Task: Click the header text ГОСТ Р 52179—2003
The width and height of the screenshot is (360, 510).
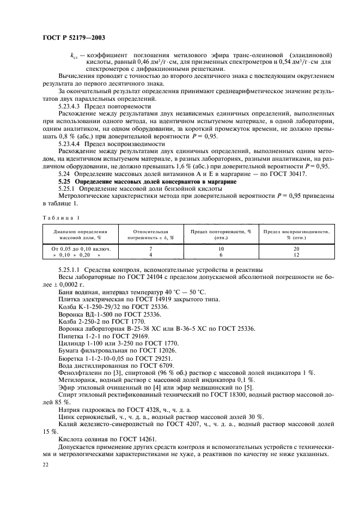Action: click(x=74, y=38)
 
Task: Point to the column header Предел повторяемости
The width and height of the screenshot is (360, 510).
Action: click(x=221, y=234)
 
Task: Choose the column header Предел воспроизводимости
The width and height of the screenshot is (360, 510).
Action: click(x=296, y=234)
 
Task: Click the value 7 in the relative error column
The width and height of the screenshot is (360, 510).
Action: click(x=150, y=248)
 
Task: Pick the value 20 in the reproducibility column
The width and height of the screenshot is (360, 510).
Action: click(x=296, y=248)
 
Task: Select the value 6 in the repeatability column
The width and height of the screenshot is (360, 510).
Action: click(x=221, y=254)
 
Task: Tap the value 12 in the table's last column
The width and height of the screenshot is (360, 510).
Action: click(x=296, y=254)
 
